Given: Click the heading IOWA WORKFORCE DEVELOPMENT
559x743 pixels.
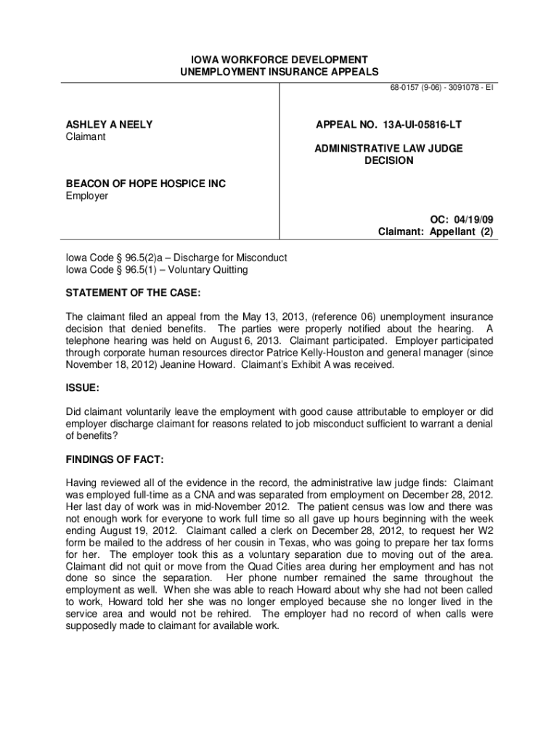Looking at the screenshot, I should click(279, 59).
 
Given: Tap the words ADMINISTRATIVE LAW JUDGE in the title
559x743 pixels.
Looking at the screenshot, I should click(388, 148).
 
